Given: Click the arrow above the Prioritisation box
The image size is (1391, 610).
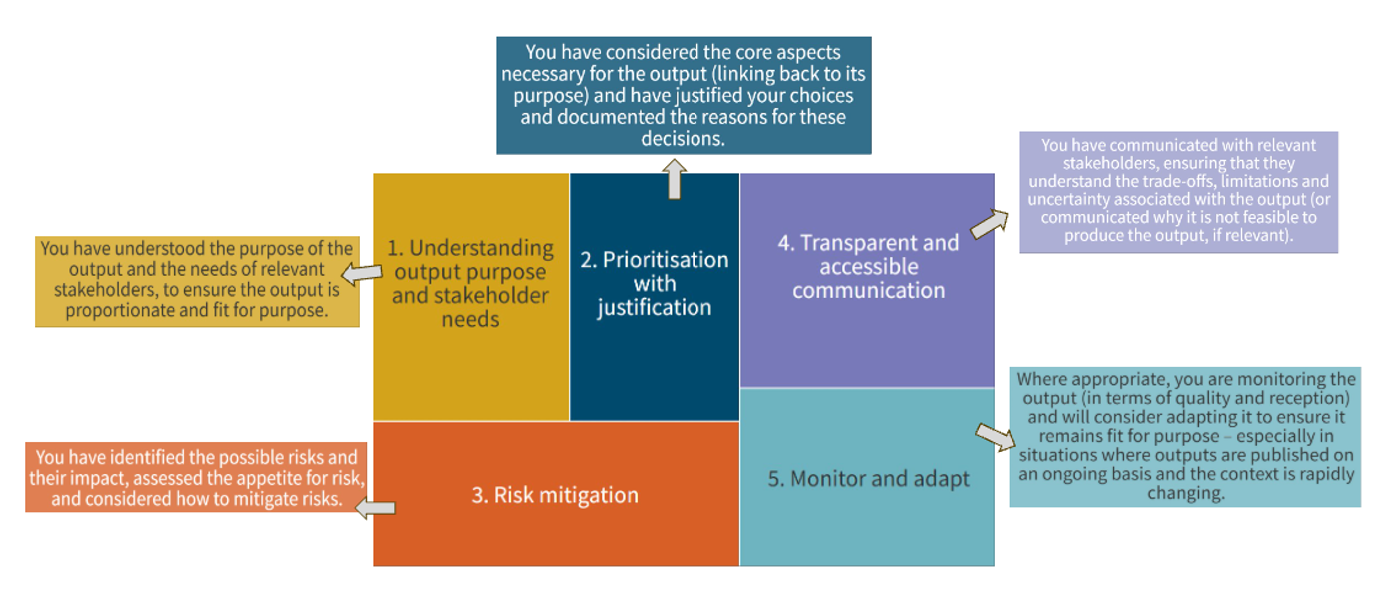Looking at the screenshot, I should coord(674,180).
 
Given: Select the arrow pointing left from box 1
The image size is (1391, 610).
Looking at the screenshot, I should coord(361,272).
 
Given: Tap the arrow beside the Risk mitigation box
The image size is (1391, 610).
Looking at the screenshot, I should coord(375,508).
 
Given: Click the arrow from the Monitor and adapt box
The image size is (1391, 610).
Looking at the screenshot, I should coord(994,438).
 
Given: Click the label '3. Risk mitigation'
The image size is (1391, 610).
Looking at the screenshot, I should coord(555,495).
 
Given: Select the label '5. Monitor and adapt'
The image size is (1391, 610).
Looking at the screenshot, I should coord(868,478).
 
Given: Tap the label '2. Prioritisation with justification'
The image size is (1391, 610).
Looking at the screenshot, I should coord(655,283).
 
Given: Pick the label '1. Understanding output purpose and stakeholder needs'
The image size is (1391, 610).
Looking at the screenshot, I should coord(470,283).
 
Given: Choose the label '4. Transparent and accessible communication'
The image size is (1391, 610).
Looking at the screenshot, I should coord(868,266).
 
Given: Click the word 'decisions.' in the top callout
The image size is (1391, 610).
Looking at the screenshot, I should coord(684,139).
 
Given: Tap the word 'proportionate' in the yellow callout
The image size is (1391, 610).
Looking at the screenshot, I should coord(117,310).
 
